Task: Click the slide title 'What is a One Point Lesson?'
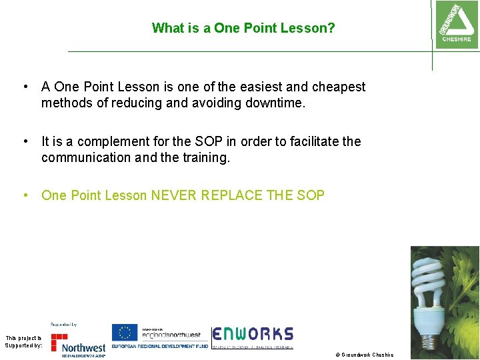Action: (243, 28)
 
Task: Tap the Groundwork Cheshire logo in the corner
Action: (456, 23)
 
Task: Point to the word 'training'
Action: (201, 157)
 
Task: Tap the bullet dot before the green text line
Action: (25, 195)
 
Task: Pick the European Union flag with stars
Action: (124, 333)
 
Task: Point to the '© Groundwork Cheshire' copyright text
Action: (365, 355)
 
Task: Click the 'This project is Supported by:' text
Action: (23, 342)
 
